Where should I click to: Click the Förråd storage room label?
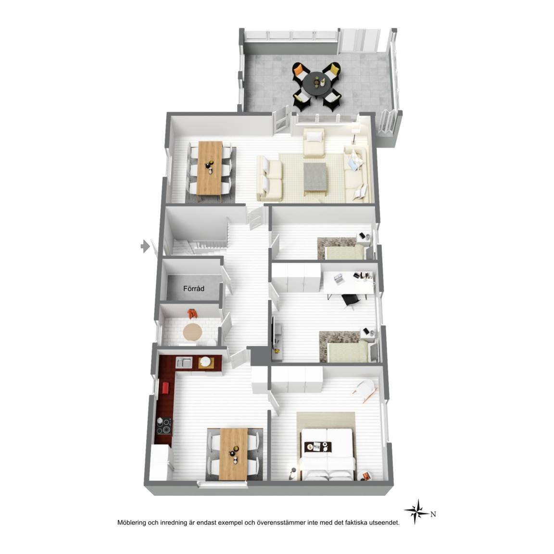tap(194, 289)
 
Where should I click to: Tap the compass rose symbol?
tap(417, 512)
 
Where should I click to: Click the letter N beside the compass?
tap(433, 515)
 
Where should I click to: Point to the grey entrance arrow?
tap(145, 246)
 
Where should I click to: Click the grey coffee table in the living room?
tap(315, 177)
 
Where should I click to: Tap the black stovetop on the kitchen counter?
tap(163, 426)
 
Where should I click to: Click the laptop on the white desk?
tap(338, 279)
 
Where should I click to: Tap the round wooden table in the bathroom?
tap(192, 332)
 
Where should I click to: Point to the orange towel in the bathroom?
tap(192, 313)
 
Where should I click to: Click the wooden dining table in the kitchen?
tap(234, 454)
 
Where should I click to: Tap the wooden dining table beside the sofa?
tap(210, 168)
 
